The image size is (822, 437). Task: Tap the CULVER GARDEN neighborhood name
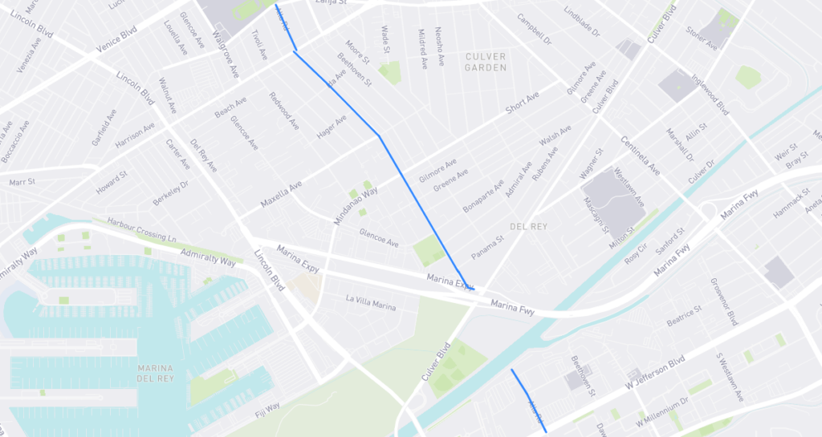(486, 62)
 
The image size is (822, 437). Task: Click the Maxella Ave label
(283, 195)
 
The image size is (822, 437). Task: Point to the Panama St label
(487, 247)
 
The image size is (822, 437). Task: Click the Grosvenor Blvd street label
(723, 302)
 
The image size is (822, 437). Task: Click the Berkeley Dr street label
(170, 193)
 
